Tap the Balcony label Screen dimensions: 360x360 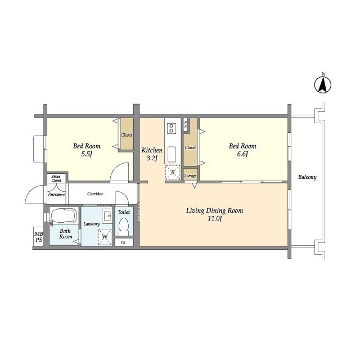coord(307,177)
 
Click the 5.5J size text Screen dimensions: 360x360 coord(87,154)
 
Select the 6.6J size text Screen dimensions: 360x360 coord(242,154)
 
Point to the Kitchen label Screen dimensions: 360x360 coord(152,150)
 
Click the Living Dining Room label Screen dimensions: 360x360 coord(214,210)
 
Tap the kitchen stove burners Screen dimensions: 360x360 coord(171,128)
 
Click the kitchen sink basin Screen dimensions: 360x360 coord(172,154)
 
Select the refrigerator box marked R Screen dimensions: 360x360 coord(173,173)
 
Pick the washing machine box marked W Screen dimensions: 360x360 coord(105,237)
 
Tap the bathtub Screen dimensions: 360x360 coord(64,215)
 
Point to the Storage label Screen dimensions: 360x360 coord(190,175)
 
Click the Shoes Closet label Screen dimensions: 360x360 coord(56,178)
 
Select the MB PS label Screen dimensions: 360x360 coord(39,237)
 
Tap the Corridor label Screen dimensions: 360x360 coord(95,193)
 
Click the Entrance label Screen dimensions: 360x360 coord(56,195)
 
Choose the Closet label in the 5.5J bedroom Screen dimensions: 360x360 coord(127,135)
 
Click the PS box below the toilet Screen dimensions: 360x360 coord(124,242)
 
